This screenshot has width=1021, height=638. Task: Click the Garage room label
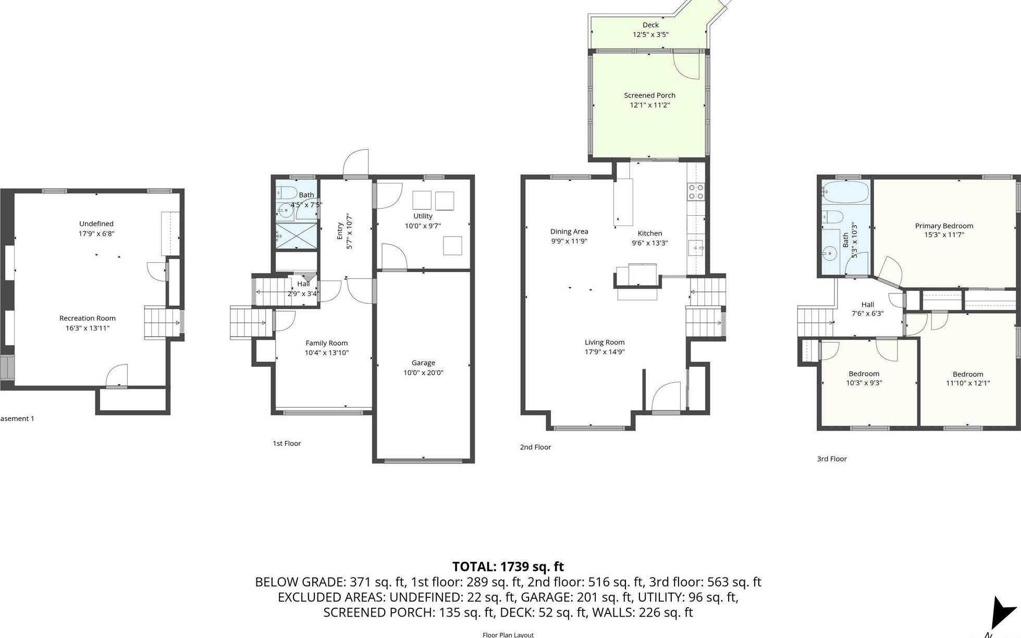point(423,363)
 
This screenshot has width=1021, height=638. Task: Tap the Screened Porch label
point(649,95)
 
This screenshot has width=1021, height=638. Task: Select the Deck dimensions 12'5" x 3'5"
point(650,35)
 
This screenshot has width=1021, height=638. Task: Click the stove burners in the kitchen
point(696,192)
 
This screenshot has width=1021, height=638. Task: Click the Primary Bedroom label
point(944,226)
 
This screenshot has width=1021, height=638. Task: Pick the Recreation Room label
point(88,318)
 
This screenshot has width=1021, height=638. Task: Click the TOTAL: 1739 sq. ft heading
point(508,567)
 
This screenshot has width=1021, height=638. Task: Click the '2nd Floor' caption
point(535,447)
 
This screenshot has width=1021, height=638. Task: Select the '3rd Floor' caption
point(832,459)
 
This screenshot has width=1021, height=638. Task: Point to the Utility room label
point(423,216)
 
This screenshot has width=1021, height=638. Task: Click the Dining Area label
point(569,231)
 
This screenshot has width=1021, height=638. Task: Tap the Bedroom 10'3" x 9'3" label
point(864,374)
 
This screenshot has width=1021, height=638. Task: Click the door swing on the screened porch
point(687,66)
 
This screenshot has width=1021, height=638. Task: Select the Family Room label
point(326,343)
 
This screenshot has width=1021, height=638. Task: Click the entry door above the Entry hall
point(356,164)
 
